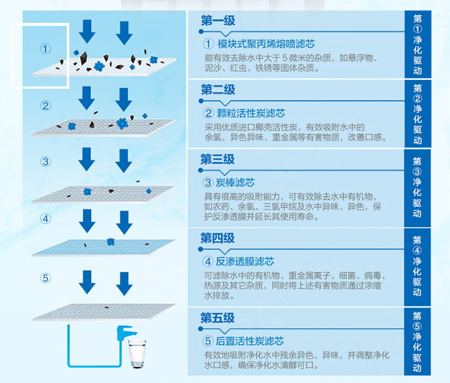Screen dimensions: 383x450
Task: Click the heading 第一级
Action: [218, 21]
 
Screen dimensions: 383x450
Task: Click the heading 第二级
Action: [218, 90]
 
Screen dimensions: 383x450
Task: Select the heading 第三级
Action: [218, 159]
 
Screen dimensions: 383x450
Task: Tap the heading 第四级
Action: [218, 238]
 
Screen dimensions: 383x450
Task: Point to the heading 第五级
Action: [218, 318]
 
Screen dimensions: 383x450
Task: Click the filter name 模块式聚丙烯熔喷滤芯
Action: [259, 44]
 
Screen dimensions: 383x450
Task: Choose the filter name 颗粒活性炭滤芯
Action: [245, 113]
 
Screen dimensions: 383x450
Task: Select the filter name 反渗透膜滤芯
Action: [239, 262]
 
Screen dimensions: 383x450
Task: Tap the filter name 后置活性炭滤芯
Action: [245, 341]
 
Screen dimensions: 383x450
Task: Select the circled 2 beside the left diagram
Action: [46, 106]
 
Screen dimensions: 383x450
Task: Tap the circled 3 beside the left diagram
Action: [46, 162]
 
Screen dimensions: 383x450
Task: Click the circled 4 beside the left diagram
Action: [46, 218]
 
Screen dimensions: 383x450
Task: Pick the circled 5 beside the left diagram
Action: [46, 278]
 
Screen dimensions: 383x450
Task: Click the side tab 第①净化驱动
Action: [417, 45]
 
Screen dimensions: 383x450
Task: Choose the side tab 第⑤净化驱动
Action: [417, 341]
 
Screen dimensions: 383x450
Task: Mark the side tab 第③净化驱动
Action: [417, 188]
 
